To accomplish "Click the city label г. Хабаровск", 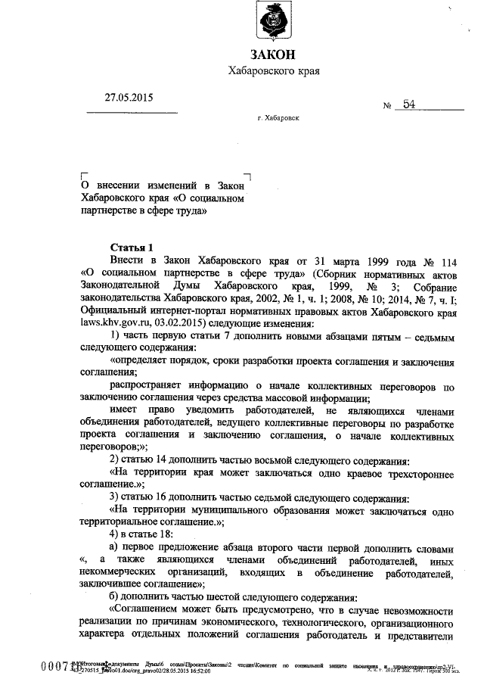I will click(x=279, y=119).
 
